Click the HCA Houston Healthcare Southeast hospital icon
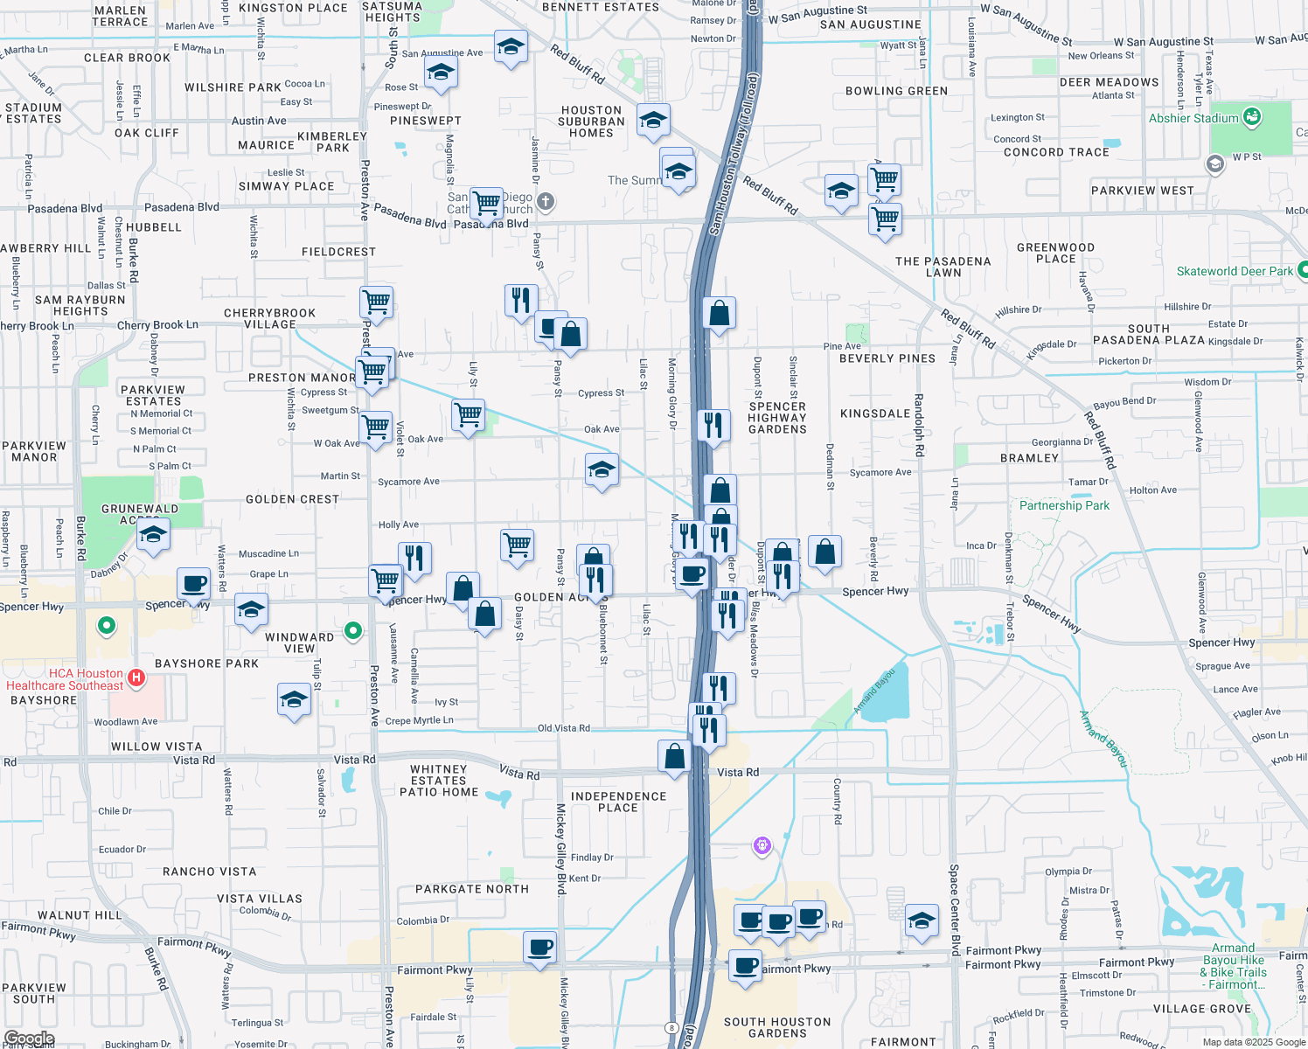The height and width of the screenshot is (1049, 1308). [136, 677]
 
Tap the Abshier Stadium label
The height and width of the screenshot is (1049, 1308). [1193, 118]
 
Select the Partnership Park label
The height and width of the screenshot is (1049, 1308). [1064, 505]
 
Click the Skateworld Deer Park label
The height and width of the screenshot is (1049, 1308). [1234, 271]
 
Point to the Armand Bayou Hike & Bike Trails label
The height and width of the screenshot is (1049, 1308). [1233, 966]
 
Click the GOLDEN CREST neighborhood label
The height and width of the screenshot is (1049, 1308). [292, 499]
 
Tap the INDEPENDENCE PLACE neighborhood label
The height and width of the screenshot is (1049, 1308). [618, 802]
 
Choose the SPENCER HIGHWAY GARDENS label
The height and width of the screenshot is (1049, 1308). [777, 418]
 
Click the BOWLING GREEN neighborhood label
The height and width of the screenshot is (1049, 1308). [896, 91]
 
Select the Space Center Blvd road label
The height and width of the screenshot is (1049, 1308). [955, 909]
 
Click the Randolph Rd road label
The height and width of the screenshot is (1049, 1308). [919, 426]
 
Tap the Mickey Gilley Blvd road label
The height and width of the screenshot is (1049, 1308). [560, 848]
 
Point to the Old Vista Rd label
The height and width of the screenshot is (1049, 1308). [563, 727]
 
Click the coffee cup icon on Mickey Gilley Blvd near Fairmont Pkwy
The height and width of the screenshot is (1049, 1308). [540, 948]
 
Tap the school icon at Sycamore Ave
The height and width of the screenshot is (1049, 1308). [602, 470]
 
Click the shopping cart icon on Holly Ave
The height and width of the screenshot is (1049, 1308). [518, 545]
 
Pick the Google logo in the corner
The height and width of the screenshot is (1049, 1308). [29, 1039]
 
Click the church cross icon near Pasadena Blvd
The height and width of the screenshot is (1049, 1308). [546, 202]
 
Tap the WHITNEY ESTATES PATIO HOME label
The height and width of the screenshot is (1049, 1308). [439, 781]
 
